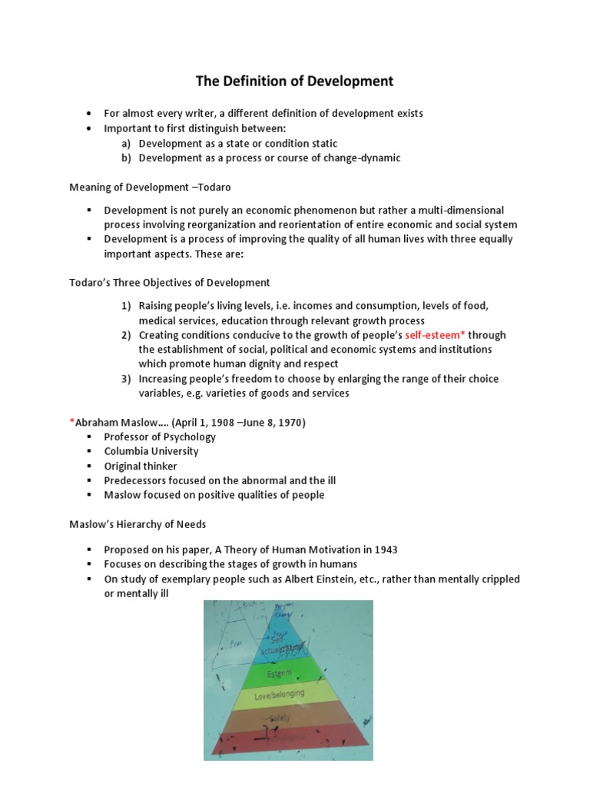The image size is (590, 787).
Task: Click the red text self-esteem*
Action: click(436, 335)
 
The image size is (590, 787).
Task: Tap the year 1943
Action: click(386, 550)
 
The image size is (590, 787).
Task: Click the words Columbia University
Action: click(151, 451)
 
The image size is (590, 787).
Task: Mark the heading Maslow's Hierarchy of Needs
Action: click(138, 524)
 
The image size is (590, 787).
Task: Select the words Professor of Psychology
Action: click(160, 437)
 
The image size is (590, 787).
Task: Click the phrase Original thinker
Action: click(141, 466)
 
